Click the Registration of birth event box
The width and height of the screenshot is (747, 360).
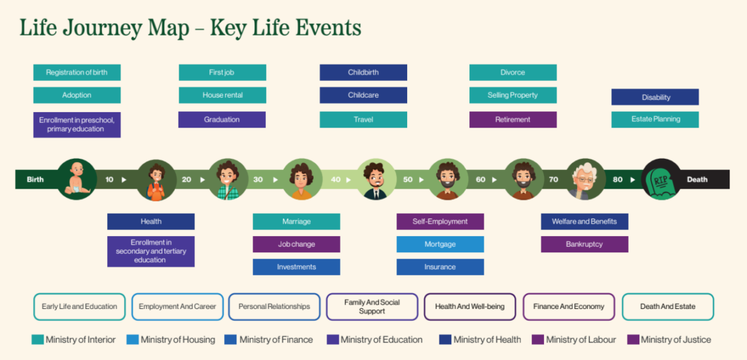77,72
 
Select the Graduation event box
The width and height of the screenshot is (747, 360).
222,120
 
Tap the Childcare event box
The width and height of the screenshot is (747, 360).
364,95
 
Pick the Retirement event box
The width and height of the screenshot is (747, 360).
513,120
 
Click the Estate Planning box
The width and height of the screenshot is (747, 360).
655,120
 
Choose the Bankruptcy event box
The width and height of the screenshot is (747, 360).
585,244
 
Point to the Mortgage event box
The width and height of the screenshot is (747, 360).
440,244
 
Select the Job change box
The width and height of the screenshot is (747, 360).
296,244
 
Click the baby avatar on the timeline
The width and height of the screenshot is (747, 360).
77,179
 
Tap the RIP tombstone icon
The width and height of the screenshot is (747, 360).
662,179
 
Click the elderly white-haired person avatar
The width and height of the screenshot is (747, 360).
585,179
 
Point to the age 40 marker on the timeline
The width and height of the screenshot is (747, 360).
336,179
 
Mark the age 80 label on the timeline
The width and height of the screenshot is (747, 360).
617,179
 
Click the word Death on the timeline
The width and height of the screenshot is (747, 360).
697,179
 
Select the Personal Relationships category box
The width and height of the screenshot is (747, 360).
275,306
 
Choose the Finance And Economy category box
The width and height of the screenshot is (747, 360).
568,306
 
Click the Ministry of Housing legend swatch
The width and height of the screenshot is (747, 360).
132,340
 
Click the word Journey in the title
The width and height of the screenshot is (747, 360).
101,28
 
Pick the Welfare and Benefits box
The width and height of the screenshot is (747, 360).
585,221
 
